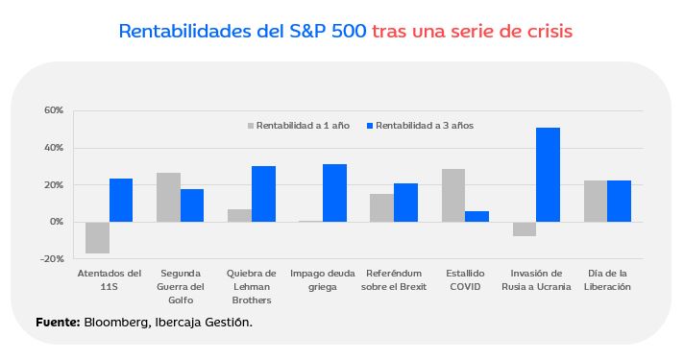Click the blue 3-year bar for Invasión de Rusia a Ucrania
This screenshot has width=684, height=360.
point(548,175)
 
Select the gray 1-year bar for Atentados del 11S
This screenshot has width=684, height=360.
point(97,237)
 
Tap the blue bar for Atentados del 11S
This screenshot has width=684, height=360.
point(121,200)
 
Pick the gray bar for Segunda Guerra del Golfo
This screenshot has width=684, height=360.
point(168,197)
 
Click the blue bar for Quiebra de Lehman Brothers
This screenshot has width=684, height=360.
point(263,194)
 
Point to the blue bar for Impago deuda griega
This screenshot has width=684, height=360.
point(334,193)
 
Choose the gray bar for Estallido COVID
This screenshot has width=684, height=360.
point(453,195)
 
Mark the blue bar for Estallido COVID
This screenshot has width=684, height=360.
point(477,216)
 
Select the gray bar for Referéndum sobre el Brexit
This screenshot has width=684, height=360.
point(382,207)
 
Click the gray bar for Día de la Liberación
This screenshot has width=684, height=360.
point(596,201)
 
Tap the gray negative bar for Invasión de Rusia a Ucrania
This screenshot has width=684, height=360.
point(525,228)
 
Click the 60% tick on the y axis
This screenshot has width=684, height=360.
point(53,110)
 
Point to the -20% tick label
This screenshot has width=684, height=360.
point(52,259)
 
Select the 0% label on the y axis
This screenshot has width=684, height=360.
point(56,222)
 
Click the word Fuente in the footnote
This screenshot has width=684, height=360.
point(56,323)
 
